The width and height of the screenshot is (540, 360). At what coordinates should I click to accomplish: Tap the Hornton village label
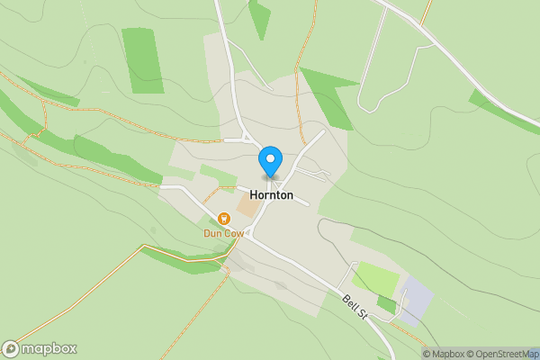(x=271, y=194)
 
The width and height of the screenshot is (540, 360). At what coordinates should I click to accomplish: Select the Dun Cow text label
(x=222, y=233)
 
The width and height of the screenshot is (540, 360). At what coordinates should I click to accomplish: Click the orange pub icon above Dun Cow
(x=223, y=218)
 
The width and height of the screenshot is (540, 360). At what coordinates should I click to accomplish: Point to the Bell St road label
(x=356, y=306)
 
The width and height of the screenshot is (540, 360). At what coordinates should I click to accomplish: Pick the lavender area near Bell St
(x=415, y=301)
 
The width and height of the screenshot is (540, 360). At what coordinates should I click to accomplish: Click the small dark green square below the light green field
(x=386, y=305)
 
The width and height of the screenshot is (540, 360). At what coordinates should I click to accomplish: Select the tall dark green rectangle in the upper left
(x=143, y=60)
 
